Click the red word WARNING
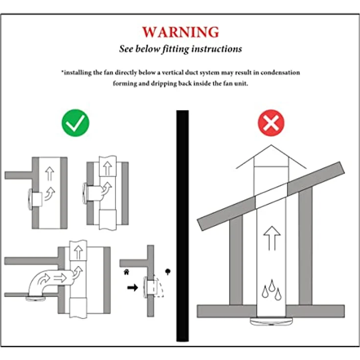180,32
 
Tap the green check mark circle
75,123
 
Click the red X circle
271,123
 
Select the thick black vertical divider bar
182,225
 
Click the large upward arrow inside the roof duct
272,238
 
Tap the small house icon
126,272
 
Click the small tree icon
168,272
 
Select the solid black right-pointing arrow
133,288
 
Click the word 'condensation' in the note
280,72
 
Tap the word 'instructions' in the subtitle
217,49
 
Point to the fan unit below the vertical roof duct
271,321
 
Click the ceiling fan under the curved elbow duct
36,298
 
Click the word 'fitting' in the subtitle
176,49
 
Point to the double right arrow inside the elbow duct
60,278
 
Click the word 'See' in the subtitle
126,49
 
